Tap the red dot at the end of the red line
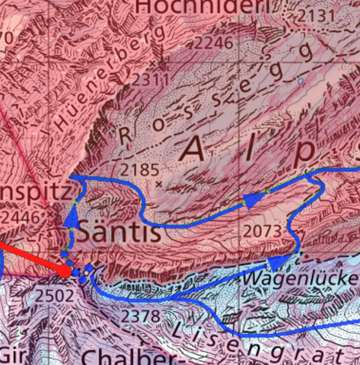(x=65, y=270)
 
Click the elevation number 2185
(x=138, y=169)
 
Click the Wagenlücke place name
(x=300, y=279)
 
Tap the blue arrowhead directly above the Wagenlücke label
(x=279, y=261)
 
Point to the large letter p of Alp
(x=304, y=152)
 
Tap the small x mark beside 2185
(x=159, y=184)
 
